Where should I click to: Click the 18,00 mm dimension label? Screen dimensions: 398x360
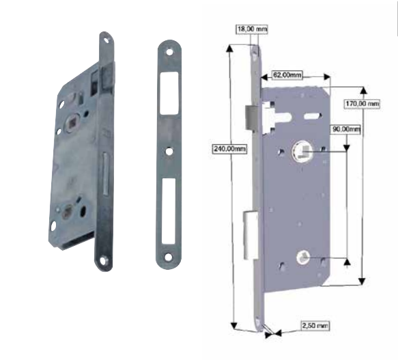252,29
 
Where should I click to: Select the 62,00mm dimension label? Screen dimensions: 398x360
287,75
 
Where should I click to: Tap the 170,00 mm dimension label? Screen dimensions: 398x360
363,104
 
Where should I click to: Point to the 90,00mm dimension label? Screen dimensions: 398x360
346,129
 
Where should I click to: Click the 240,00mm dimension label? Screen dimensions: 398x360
229,148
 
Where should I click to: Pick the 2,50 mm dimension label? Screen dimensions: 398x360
315,325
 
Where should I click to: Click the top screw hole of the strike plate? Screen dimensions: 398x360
169,52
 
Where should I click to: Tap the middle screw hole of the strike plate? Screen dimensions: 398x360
169,152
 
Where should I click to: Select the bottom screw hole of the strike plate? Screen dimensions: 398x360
169,257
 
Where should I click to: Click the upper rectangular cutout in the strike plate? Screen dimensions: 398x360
169,93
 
